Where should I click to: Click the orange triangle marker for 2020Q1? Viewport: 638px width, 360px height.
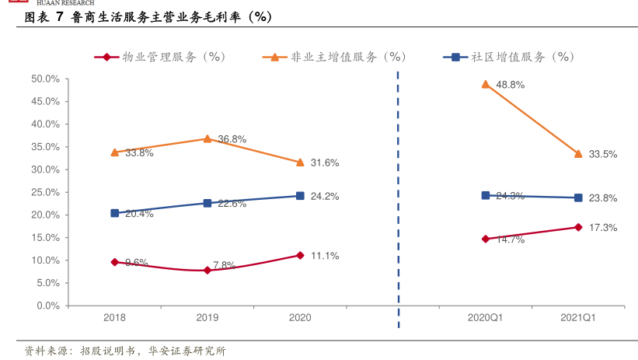[x=486, y=84]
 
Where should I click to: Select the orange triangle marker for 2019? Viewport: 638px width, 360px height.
[x=207, y=138]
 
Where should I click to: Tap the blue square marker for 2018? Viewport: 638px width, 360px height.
[x=115, y=213]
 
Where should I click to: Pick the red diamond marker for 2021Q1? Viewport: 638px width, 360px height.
[x=578, y=227]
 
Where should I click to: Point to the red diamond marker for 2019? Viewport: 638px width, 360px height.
[x=207, y=271]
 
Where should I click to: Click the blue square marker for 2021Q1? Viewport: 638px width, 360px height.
[x=578, y=197]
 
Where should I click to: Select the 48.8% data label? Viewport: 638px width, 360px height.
[x=510, y=85]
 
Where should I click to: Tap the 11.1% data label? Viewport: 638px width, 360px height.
[x=324, y=256]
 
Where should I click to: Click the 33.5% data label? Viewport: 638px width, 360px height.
[x=602, y=155]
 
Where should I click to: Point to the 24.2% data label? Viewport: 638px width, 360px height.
[x=324, y=197]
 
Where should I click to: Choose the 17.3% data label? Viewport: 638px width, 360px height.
[x=602, y=228]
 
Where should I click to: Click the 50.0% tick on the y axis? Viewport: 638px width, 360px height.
[x=45, y=79]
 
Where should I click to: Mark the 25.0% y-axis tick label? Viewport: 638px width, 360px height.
[x=45, y=192]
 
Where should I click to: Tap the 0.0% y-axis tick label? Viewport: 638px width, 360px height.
[x=47, y=306]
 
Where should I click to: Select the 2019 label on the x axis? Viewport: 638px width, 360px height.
[x=207, y=318]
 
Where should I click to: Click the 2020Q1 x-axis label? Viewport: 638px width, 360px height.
[x=486, y=318]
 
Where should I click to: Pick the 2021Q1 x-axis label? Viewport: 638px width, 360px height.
[x=578, y=318]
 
